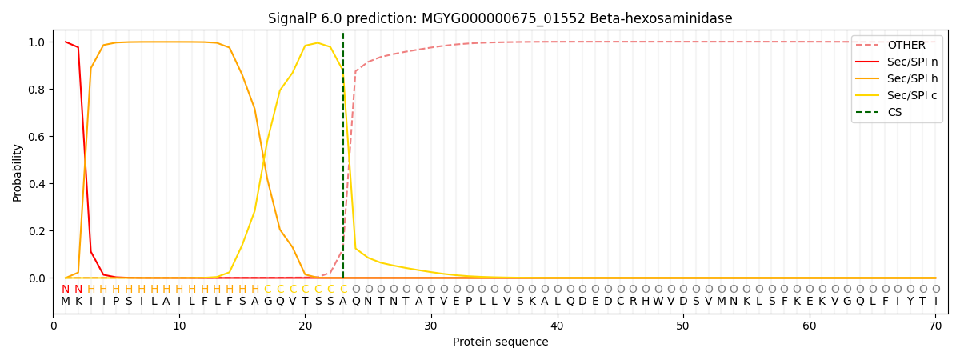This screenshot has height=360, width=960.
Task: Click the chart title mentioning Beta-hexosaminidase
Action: click(x=500, y=18)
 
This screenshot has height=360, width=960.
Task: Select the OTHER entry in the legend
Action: click(x=897, y=45)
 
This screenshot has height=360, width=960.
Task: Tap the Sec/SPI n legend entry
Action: click(x=897, y=62)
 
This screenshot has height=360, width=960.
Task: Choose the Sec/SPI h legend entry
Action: click(x=897, y=78)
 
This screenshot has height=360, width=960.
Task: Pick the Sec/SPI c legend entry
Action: click(x=897, y=95)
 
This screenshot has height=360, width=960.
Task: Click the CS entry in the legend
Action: click(x=884, y=112)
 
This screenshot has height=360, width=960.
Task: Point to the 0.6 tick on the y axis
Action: click(x=37, y=137)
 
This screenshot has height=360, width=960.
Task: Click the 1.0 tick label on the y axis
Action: click(x=37, y=42)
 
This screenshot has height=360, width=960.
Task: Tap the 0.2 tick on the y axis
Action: click(x=37, y=231)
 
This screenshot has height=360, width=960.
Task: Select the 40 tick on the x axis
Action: click(x=557, y=326)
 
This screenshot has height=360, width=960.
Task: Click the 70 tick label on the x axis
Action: click(x=935, y=326)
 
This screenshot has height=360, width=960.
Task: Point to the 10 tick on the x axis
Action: click(x=179, y=326)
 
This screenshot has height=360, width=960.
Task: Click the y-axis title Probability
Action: click(x=17, y=173)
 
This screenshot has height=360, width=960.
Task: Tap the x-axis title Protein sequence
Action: click(x=500, y=342)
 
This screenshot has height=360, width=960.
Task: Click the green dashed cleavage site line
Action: click(x=343, y=155)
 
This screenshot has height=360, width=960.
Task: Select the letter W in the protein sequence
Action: click(x=658, y=302)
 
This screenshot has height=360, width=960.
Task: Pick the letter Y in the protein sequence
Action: click(x=910, y=302)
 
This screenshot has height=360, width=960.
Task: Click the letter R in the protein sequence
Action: click(x=633, y=302)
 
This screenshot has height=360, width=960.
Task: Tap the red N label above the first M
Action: click(x=66, y=289)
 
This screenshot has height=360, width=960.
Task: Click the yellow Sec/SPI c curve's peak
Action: click(x=318, y=43)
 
